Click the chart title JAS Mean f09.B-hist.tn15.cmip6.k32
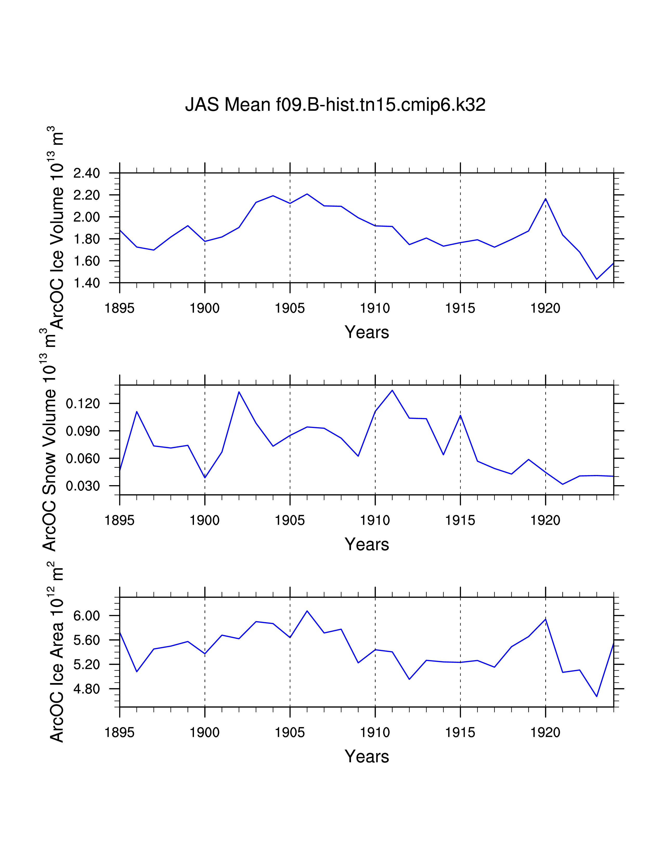click(x=335, y=105)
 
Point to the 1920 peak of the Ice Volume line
click(x=545, y=199)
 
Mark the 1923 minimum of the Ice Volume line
click(x=597, y=279)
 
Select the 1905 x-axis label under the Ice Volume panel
click(x=290, y=308)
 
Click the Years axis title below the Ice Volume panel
click(x=367, y=332)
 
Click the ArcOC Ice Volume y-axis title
click(x=56, y=228)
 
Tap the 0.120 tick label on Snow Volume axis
click(x=83, y=404)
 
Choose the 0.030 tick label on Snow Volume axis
click(x=83, y=486)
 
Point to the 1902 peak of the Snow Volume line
click(x=239, y=392)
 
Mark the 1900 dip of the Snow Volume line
click(x=205, y=478)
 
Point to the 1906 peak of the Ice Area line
click(x=307, y=611)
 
